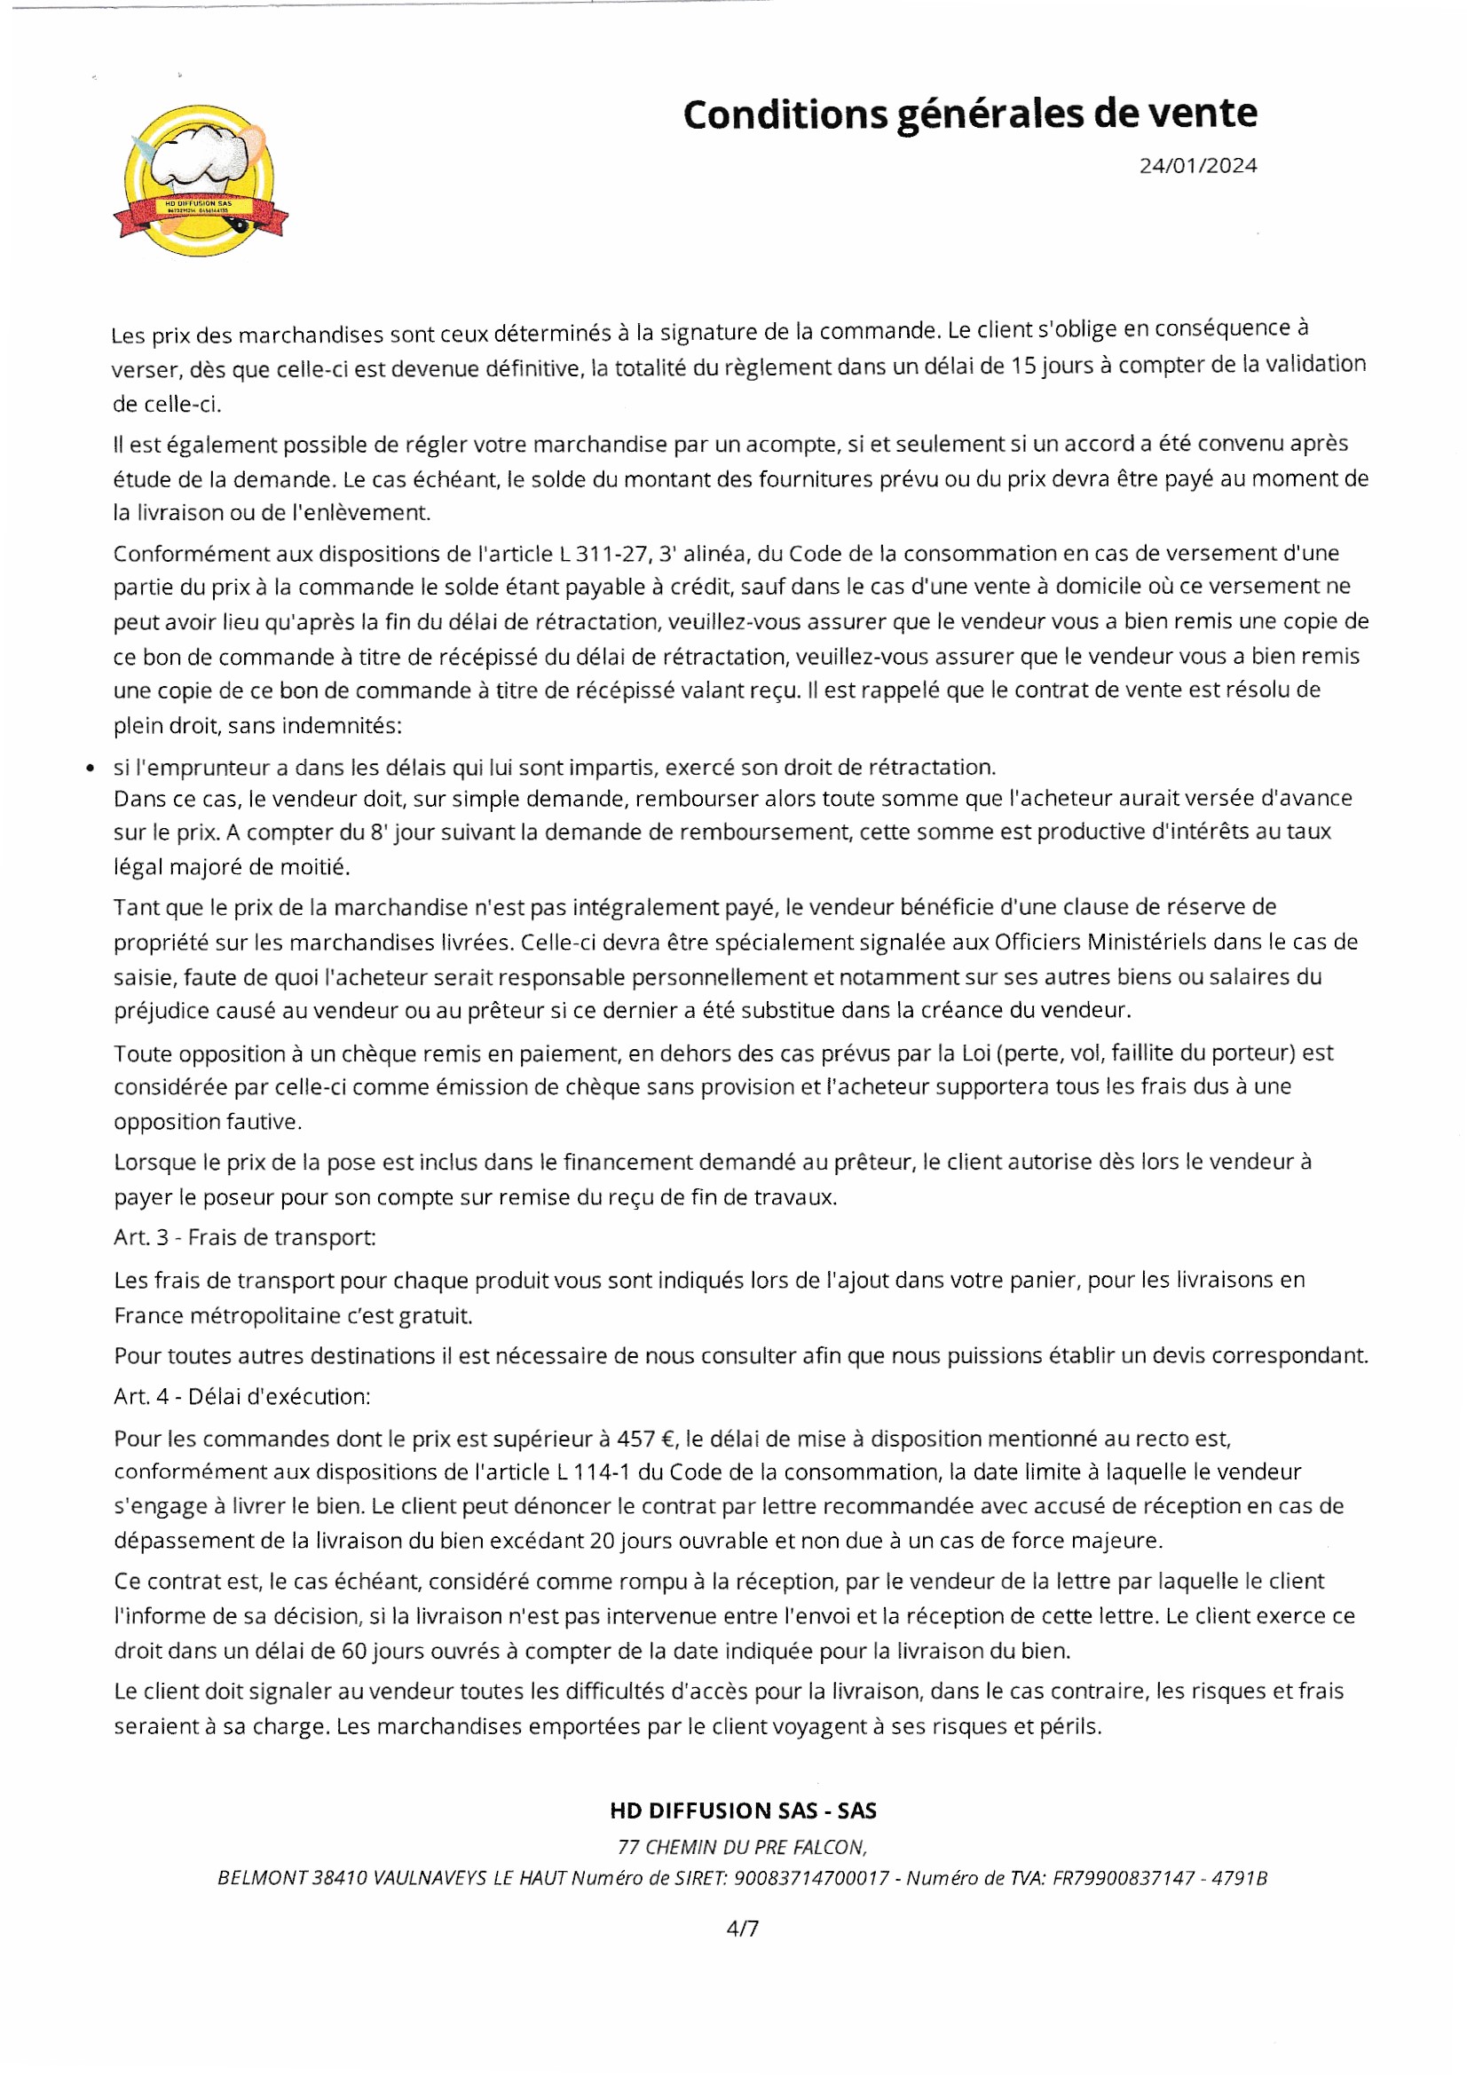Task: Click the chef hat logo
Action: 201,180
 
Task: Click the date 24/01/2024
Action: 1197,165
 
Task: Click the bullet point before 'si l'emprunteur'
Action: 89,769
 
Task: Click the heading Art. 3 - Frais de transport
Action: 244,1237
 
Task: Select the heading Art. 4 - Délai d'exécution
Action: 241,1396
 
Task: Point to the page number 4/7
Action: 742,1929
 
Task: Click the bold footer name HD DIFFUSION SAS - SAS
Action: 743,1811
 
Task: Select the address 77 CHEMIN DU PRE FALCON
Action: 742,1846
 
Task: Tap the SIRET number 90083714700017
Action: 811,1878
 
